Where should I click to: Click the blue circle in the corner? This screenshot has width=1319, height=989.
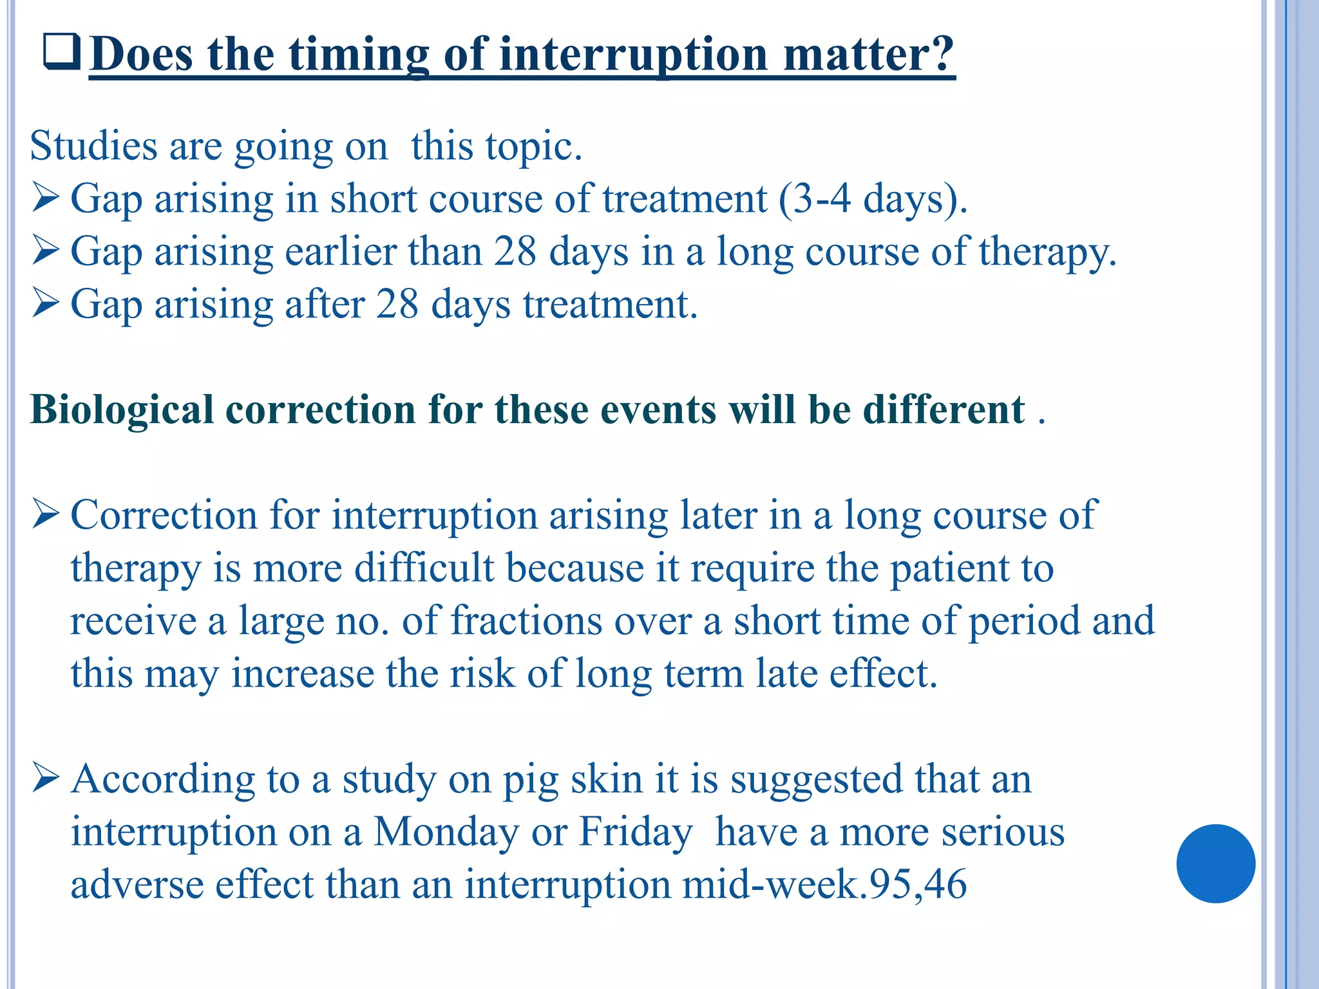(x=1215, y=863)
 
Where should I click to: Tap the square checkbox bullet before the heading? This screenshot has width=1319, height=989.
(x=62, y=52)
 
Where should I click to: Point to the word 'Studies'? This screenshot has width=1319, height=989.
(x=93, y=146)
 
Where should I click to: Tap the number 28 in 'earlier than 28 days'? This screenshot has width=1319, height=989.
(x=515, y=251)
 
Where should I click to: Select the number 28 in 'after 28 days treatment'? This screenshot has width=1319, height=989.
(x=397, y=304)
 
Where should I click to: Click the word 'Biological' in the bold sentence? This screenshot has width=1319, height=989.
(x=122, y=410)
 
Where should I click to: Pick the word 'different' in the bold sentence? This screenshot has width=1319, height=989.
(x=944, y=410)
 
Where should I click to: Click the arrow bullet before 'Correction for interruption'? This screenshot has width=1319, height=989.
(x=46, y=514)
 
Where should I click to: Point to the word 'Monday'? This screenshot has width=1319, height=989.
(x=446, y=832)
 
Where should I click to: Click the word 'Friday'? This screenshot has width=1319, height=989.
(x=635, y=832)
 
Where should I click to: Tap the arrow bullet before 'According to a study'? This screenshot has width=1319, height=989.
(x=46, y=778)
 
